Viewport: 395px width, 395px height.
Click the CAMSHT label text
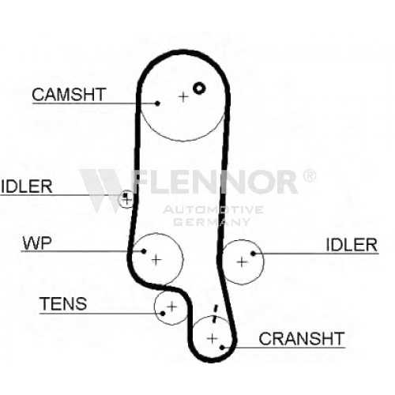tap(69, 94)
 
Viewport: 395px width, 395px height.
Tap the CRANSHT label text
tap(302, 339)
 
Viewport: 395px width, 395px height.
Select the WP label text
tap(37, 243)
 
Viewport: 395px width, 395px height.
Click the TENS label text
tap(63, 303)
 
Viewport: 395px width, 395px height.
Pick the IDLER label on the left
tap(27, 186)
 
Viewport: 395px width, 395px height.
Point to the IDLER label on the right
tap(352, 245)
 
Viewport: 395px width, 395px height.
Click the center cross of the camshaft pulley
tap(183, 97)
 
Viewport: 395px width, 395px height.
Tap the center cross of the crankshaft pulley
tap(212, 338)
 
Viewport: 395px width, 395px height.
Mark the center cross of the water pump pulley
tap(156, 260)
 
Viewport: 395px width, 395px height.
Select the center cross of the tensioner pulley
tap(172, 307)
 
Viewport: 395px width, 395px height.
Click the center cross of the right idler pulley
tap(242, 262)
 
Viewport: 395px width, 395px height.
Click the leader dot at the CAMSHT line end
tap(157, 103)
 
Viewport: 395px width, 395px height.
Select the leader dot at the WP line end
tap(144, 251)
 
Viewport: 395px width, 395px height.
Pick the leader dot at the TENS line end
tap(163, 314)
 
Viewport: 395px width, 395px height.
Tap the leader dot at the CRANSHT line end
tap(222, 348)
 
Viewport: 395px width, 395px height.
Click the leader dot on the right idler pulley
tap(254, 254)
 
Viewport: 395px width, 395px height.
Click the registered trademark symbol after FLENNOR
tap(310, 175)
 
